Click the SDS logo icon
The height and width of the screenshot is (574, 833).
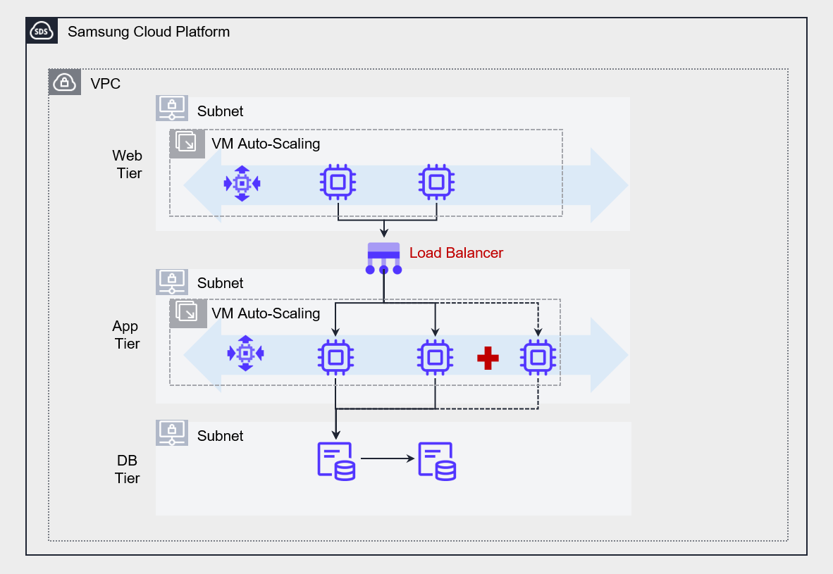(x=42, y=32)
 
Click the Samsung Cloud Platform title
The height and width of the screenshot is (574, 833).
(x=149, y=32)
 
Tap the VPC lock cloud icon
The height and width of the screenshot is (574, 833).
(x=64, y=82)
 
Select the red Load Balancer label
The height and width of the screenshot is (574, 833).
(x=456, y=253)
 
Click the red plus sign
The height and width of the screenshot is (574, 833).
(x=488, y=358)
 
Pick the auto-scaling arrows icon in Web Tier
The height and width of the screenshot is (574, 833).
(x=242, y=184)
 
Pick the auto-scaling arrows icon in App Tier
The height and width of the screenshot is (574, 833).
(x=245, y=353)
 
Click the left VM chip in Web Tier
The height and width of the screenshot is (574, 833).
(x=338, y=183)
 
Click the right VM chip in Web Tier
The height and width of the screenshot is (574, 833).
(x=436, y=183)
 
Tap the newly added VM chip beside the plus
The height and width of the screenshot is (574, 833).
(x=538, y=357)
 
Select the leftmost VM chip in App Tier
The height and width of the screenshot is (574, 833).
(x=335, y=356)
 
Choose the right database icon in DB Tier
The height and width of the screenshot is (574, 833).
(x=437, y=461)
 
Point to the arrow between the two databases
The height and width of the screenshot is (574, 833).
(x=387, y=459)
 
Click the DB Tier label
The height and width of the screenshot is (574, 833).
(x=128, y=469)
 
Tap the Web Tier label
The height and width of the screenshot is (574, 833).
(x=128, y=163)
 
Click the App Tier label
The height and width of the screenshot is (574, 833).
(x=126, y=335)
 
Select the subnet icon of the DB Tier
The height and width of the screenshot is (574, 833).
(x=172, y=433)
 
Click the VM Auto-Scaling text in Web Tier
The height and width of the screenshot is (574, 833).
(x=266, y=144)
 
